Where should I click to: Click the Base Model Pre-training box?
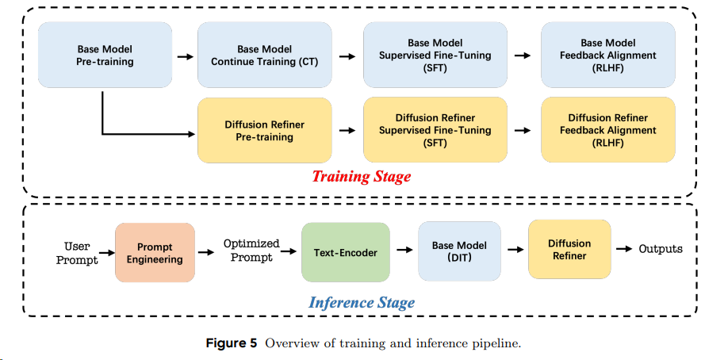(105, 55)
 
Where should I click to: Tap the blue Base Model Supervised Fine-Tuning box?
(435, 55)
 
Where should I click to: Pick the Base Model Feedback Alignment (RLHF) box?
(607, 55)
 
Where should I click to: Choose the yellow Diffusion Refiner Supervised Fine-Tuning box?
(435, 130)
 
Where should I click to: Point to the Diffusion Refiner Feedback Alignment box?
(607, 130)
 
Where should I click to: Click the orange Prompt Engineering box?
(155, 253)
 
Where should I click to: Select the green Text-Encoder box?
(346, 253)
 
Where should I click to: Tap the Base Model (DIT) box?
(459, 251)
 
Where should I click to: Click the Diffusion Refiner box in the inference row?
(569, 250)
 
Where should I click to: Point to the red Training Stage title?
(361, 176)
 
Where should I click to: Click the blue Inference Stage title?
(361, 302)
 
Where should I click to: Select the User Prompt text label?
(77, 253)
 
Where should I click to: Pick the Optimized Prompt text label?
(251, 250)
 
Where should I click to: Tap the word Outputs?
(661, 249)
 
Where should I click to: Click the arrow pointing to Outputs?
(625, 249)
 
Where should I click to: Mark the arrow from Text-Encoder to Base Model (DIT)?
(404, 251)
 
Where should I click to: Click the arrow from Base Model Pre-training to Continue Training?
(184, 56)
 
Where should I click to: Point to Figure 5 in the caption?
(232, 343)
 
